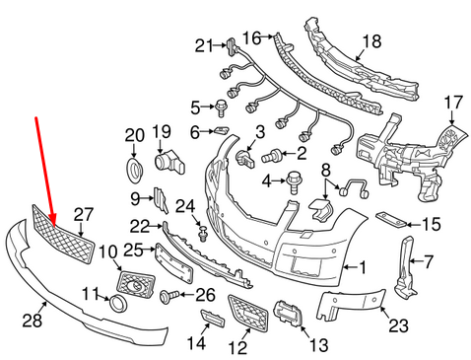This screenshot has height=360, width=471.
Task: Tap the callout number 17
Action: point(452,102)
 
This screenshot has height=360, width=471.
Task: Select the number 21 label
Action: point(203,45)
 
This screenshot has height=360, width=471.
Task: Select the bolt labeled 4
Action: point(294,180)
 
